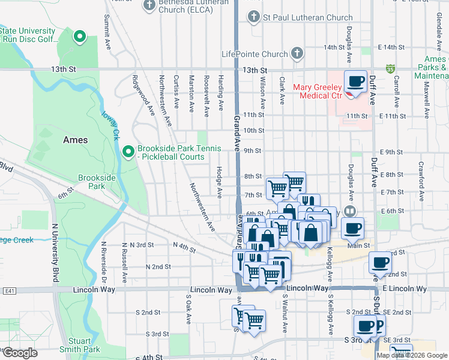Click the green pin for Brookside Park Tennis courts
pos(127,152)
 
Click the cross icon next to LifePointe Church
pos(296,54)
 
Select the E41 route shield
pos(9,290)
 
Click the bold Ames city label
pos(75,140)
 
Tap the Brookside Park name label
pos(92,182)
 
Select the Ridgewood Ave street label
pos(142,94)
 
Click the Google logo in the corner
pos(20,353)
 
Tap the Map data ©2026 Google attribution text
pos(411,355)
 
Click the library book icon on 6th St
pos(351,211)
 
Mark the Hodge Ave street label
pos(220,181)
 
